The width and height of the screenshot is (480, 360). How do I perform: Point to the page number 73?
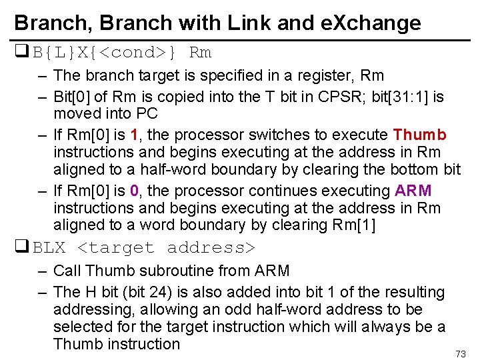coord(460,353)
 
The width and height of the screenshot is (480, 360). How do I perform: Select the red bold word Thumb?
coord(420,135)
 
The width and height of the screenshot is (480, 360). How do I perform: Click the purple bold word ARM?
coord(413,191)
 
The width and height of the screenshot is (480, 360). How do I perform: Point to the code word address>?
coord(211,248)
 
